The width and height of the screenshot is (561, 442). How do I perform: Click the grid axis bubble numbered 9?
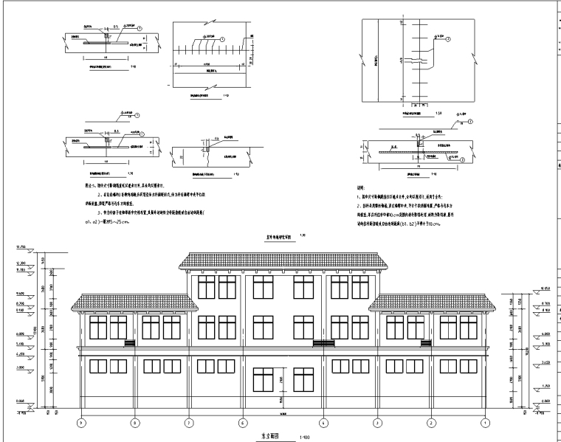point(81,423)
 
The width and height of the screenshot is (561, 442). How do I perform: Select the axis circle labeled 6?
point(242,423)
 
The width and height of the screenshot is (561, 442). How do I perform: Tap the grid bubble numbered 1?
point(484,423)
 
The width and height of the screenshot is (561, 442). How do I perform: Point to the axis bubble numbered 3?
point(376,423)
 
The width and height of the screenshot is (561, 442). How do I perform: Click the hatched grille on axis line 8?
point(129,342)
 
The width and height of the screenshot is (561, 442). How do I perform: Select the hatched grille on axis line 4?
point(323,342)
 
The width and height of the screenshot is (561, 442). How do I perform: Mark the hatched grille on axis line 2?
point(426,342)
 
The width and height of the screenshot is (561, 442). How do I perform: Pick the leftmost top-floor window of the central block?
point(206,284)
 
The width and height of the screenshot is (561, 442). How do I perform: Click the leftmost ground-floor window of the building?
point(99,366)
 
